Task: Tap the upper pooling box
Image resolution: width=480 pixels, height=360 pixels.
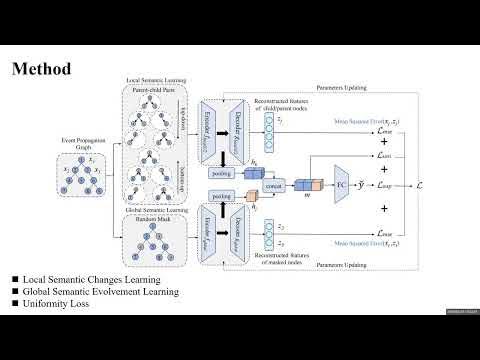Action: click(x=223, y=171)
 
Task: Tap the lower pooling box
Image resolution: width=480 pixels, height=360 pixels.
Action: click(x=222, y=197)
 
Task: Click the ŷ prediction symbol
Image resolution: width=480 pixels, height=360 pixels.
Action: click(x=372, y=186)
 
